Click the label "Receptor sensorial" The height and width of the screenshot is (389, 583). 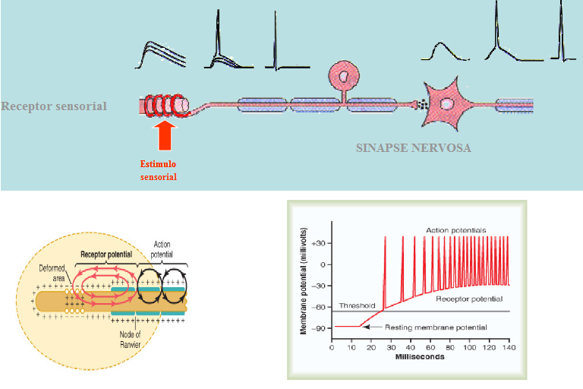pyautogui.click(x=54, y=106)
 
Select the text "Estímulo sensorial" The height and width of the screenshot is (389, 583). pyautogui.click(x=159, y=170)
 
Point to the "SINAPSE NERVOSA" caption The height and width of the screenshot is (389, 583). pyautogui.click(x=413, y=147)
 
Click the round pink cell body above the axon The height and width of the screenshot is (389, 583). pyautogui.click(x=345, y=76)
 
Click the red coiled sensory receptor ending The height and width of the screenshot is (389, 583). pyautogui.click(x=166, y=105)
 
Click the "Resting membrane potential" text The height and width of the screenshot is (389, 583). pyautogui.click(x=435, y=327)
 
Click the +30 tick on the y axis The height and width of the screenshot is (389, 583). pyautogui.click(x=322, y=243)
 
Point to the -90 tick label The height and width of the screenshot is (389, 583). pyautogui.click(x=322, y=327)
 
